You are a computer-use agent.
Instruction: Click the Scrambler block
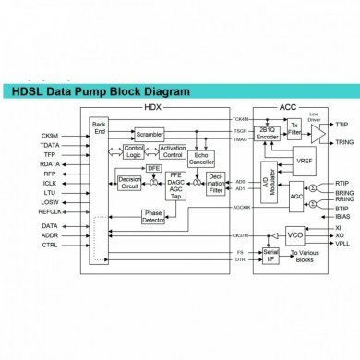(149, 135)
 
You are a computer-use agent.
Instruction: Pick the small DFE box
(154, 168)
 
